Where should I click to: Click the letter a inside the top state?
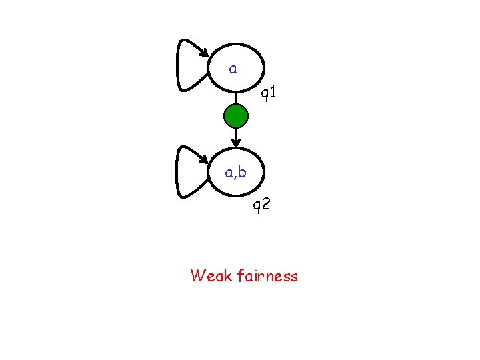tap(233, 69)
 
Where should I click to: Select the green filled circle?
tap(235, 117)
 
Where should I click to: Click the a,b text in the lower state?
tap(235, 173)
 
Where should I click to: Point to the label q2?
tap(261, 204)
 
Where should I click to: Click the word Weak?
tap(211, 275)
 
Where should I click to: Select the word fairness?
tap(267, 275)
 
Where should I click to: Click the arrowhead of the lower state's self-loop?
tap(205, 159)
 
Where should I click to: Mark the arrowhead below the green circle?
tap(235, 141)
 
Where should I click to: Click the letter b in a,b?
tap(242, 173)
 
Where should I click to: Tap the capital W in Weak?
tap(198, 275)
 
